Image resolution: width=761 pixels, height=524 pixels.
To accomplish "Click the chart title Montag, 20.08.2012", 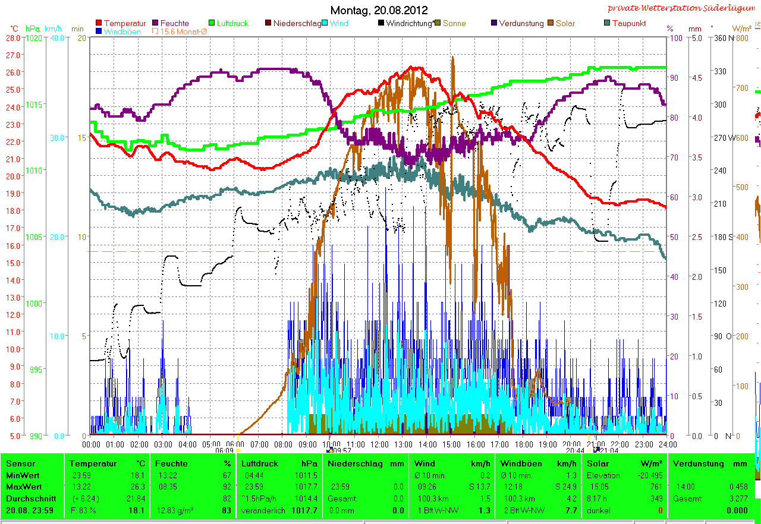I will (379, 10).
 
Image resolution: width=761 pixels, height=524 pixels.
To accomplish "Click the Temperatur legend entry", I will (124, 23).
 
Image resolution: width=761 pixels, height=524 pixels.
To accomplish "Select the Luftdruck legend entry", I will (232, 23).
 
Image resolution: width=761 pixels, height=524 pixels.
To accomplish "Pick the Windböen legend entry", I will (122, 31).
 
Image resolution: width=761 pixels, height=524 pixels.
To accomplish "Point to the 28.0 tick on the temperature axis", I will (13, 37).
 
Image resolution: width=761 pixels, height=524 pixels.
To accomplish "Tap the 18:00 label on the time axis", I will (523, 444).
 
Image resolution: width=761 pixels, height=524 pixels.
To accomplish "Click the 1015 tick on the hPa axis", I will (34, 105).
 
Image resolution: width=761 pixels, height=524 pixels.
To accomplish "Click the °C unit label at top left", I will (14, 28).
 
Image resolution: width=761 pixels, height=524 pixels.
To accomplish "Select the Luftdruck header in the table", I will (257, 463).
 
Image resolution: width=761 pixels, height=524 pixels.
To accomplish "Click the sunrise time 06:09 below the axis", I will (224, 450).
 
